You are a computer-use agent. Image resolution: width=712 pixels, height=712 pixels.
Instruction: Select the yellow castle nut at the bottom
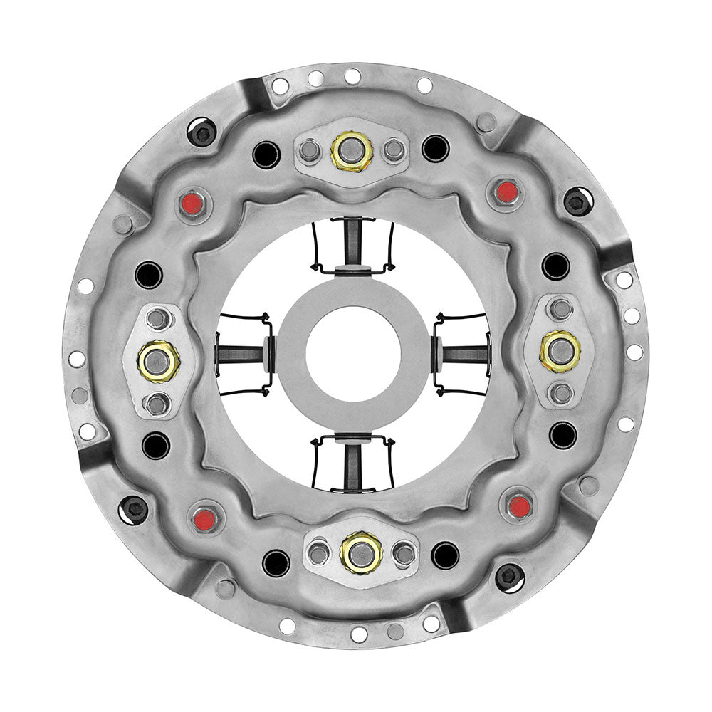click(x=361, y=551)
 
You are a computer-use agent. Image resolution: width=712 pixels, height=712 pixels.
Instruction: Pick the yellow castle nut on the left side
click(x=158, y=360)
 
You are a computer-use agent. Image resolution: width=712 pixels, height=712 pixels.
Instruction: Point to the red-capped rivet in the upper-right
click(x=506, y=191)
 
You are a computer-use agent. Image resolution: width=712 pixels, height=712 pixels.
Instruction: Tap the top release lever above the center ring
click(x=354, y=246)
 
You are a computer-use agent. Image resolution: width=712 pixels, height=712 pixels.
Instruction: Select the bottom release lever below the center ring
click(x=354, y=463)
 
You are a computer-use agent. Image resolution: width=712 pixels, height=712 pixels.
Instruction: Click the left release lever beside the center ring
click(x=244, y=354)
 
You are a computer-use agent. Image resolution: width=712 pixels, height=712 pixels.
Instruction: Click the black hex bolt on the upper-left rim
click(x=202, y=132)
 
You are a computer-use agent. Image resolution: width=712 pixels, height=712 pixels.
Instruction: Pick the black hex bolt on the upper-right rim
click(x=577, y=201)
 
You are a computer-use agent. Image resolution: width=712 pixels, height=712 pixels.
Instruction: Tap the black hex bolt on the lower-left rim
click(x=134, y=508)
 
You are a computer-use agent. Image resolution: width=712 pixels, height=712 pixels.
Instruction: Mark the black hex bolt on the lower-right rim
click(x=508, y=576)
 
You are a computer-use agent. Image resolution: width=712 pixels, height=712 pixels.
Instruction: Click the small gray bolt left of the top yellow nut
click(x=310, y=150)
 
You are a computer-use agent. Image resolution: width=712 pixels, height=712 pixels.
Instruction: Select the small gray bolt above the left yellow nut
click(x=157, y=318)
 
